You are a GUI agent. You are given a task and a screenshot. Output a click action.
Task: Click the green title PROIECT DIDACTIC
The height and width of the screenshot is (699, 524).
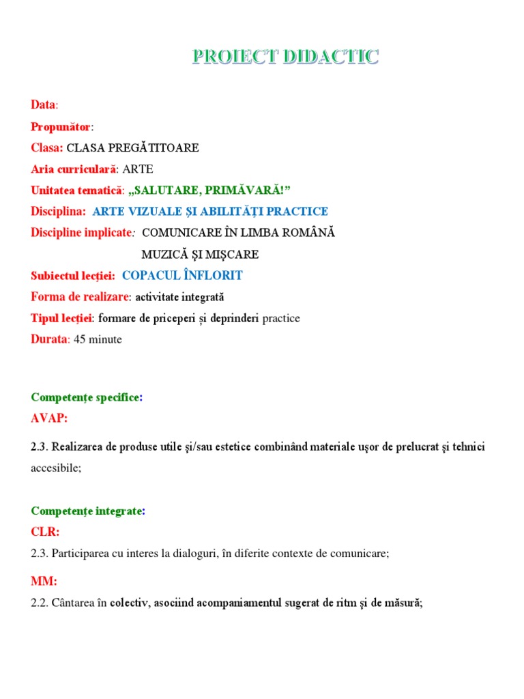[x=285, y=57]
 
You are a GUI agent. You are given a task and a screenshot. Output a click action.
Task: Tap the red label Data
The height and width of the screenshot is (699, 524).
[x=43, y=105]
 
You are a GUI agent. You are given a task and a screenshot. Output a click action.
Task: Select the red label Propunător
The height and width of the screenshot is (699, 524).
[x=60, y=127]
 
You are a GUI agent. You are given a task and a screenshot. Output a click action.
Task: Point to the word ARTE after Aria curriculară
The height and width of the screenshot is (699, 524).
[x=138, y=169]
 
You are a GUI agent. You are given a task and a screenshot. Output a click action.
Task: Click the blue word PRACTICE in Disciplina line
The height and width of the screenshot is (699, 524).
[x=295, y=212]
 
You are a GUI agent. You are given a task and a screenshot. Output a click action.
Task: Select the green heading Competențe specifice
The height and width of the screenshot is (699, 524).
[x=85, y=397]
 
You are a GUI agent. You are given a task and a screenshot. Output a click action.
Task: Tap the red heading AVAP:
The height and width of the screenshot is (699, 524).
[x=49, y=418]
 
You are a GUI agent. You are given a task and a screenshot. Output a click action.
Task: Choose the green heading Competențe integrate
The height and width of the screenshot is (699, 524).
[x=85, y=511]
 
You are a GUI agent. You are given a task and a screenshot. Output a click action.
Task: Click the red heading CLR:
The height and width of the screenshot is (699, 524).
[x=45, y=531]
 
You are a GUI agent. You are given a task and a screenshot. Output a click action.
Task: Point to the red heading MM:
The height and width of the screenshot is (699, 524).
[x=44, y=581]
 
